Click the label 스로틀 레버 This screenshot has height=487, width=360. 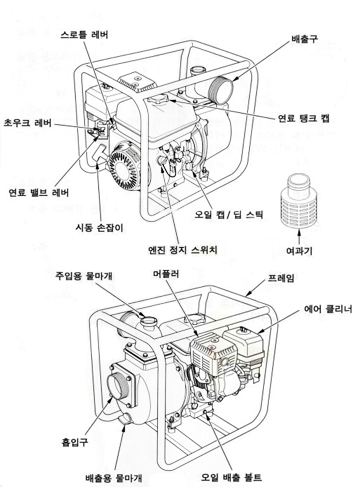(x=85, y=35)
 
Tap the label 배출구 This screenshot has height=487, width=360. (x=304, y=39)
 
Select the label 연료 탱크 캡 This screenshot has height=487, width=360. (x=303, y=118)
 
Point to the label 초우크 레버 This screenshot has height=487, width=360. (x=28, y=123)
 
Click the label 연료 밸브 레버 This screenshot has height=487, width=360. (x=39, y=192)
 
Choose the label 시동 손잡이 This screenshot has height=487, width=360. (x=100, y=228)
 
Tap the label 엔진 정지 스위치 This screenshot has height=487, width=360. (x=183, y=250)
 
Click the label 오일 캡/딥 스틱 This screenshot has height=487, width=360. (x=229, y=214)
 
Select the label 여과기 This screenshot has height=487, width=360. (x=299, y=250)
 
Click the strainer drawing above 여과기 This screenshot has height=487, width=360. (x=299, y=201)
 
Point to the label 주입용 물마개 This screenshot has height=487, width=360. (x=83, y=276)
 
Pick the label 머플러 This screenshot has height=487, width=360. (x=166, y=274)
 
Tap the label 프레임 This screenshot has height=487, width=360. (x=281, y=278)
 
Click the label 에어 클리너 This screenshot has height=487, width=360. (x=328, y=309)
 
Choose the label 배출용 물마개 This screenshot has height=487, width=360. (x=113, y=477)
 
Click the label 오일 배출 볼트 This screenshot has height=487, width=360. (x=231, y=477)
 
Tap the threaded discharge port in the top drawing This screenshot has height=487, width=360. (x=221, y=89)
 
